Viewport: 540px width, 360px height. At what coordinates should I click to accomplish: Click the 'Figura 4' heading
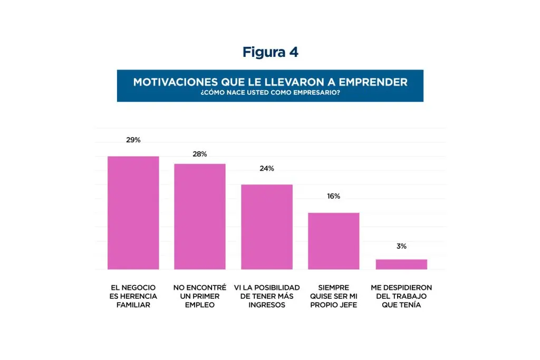[x=270, y=52]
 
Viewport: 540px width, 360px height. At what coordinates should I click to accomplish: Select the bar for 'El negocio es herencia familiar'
[x=133, y=213]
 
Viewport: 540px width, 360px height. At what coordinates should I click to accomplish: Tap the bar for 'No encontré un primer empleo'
[x=200, y=217]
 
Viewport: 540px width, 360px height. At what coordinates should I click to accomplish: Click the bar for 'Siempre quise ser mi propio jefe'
[x=334, y=241]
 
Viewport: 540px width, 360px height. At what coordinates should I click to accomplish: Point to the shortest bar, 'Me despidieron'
[x=401, y=264]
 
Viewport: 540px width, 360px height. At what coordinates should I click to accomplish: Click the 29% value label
[x=133, y=140]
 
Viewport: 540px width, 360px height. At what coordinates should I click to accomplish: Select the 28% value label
[x=200, y=154]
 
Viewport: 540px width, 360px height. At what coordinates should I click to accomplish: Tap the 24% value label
[x=267, y=169]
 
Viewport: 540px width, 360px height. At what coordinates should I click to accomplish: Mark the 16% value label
[x=333, y=196]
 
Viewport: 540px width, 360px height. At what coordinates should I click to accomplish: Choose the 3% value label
[x=401, y=246]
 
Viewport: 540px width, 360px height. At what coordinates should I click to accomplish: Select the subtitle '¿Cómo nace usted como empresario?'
[x=270, y=93]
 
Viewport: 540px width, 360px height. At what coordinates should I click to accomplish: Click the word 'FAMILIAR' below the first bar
[x=133, y=305]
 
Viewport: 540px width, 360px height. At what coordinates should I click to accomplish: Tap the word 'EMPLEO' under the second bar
[x=200, y=305]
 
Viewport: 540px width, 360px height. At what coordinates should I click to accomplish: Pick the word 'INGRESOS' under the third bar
[x=267, y=305]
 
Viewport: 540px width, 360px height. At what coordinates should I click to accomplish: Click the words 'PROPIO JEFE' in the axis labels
[x=334, y=305]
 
